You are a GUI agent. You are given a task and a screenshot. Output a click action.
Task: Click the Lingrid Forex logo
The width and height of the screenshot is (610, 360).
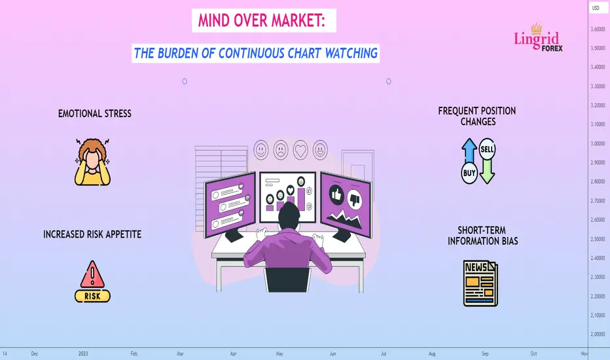click(x=538, y=38)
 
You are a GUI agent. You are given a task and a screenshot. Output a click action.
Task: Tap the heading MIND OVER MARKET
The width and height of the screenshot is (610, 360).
click(x=261, y=21)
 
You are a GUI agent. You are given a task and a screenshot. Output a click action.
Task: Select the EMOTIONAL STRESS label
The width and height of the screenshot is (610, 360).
click(x=94, y=114)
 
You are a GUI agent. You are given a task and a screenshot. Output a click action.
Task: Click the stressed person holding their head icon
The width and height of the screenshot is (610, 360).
click(x=92, y=162)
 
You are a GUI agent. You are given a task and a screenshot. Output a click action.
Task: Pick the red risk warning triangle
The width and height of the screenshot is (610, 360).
click(x=92, y=274)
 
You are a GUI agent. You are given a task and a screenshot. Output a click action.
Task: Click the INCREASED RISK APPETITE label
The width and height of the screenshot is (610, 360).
click(x=92, y=234)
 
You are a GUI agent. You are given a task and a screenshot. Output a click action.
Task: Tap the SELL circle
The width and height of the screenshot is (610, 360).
click(x=487, y=149)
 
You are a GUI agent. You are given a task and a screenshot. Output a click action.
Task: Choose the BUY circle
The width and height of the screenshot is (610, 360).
click(x=469, y=173)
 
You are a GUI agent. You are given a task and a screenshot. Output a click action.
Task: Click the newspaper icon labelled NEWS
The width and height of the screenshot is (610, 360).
click(x=480, y=283)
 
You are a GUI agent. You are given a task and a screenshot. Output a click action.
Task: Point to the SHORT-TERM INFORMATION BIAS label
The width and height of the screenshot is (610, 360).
click(x=482, y=236)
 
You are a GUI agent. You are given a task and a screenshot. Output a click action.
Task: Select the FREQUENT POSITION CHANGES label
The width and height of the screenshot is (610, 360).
click(x=477, y=117)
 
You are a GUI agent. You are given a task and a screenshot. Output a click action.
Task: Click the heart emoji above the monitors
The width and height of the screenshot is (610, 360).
click(x=300, y=151)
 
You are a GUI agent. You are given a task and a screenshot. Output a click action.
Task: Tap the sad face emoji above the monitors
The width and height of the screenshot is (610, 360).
click(x=281, y=150)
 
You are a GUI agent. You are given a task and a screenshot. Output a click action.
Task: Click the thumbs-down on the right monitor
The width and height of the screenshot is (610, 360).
click(x=354, y=200)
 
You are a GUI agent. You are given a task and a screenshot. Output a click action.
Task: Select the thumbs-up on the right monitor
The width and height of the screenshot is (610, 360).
click(x=336, y=194)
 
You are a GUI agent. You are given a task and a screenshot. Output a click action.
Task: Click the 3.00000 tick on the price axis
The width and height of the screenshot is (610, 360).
click(x=598, y=143)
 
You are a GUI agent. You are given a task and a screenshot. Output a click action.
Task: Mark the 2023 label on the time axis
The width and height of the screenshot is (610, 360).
click(x=83, y=353)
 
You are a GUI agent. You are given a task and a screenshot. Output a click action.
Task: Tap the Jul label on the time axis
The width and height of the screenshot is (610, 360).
click(x=384, y=353)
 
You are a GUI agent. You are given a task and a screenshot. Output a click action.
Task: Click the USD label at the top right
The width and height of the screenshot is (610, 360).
click(x=596, y=8)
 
